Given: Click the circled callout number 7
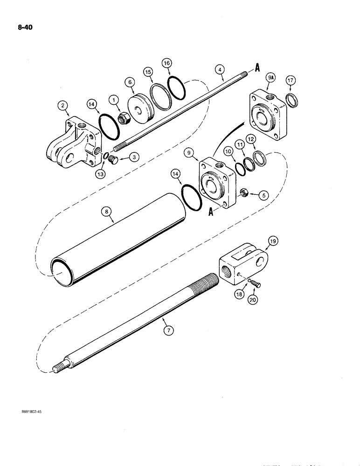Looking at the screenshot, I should click(x=169, y=330).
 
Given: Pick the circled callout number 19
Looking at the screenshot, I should click(x=273, y=241).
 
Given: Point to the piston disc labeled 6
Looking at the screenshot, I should click(x=138, y=109).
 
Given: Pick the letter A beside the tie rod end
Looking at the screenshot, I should click(x=257, y=69).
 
